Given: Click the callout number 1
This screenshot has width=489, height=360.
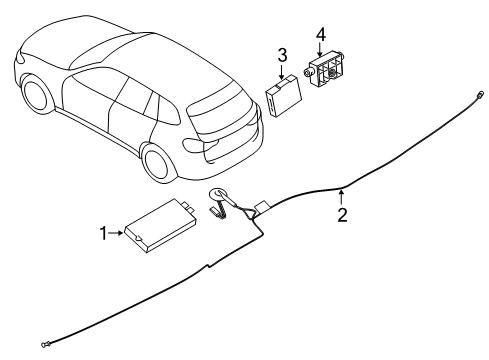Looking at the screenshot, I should pyautogui.click(x=104, y=233).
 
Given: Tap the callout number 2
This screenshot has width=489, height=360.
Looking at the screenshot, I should pyautogui.click(x=342, y=215).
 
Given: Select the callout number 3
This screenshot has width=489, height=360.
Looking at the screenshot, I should pyautogui.click(x=282, y=54).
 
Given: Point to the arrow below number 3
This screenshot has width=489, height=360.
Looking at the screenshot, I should pyautogui.click(x=282, y=70).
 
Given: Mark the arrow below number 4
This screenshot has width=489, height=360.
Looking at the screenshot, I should pyautogui.click(x=320, y=50).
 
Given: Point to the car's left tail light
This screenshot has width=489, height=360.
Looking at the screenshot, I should pyautogui.click(x=193, y=142).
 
